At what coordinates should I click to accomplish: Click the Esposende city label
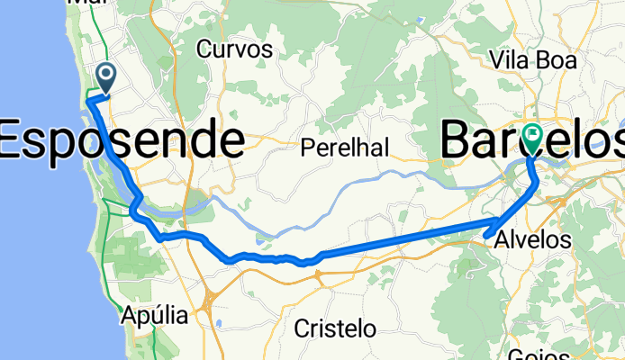122,141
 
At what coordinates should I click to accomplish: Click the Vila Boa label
533,59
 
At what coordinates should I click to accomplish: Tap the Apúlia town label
154,317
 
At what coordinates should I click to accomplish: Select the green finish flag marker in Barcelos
533,138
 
